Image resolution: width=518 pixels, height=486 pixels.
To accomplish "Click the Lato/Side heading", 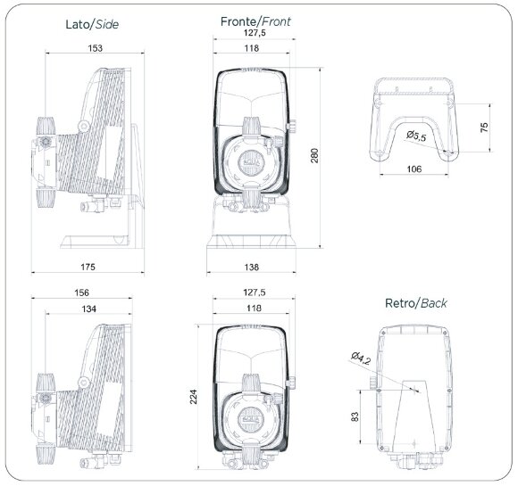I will pos(91,24).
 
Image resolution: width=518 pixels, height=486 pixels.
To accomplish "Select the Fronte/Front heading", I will pos(255,20).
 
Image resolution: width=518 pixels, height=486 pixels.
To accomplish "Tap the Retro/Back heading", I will pos(415,303).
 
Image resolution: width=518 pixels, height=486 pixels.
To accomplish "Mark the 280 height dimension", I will pos(314,155).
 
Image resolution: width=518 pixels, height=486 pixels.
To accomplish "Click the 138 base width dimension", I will pos(255,266).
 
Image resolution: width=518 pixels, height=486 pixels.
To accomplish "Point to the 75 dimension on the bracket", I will pos(484,128).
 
